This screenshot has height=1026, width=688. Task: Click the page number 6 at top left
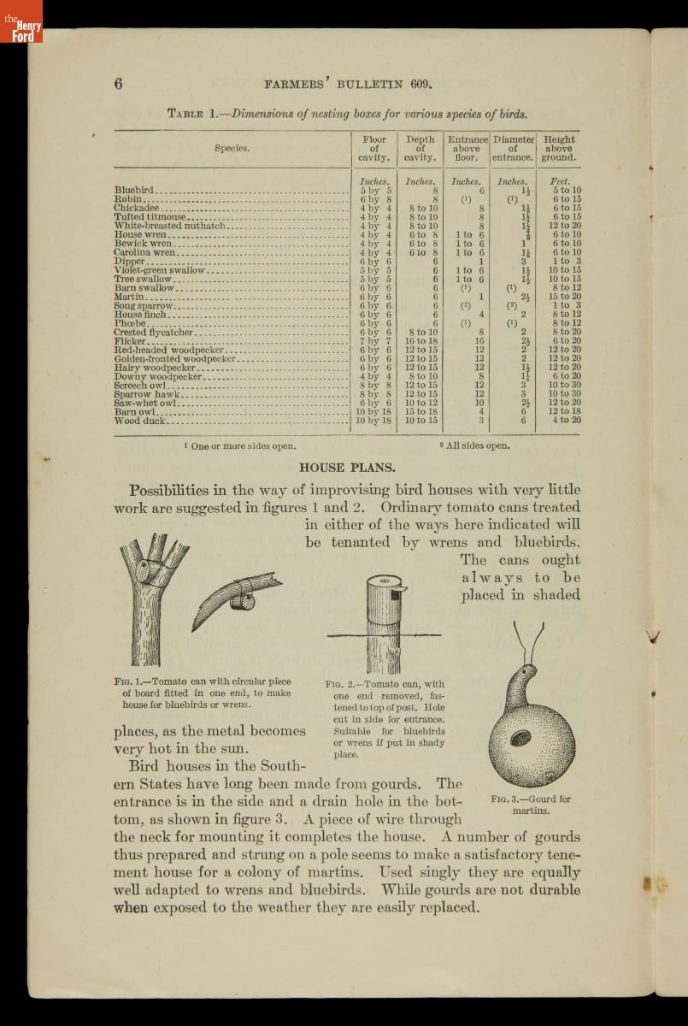pos(119,83)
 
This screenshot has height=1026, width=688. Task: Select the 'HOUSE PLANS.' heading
pos(346,468)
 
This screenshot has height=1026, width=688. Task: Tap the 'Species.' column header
pos(232,148)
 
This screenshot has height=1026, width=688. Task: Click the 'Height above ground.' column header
pos(559,148)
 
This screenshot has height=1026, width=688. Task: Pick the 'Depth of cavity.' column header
pos(420,148)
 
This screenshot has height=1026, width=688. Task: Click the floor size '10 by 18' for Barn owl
pos(373,411)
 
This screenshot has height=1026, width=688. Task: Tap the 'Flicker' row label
pos(129,341)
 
